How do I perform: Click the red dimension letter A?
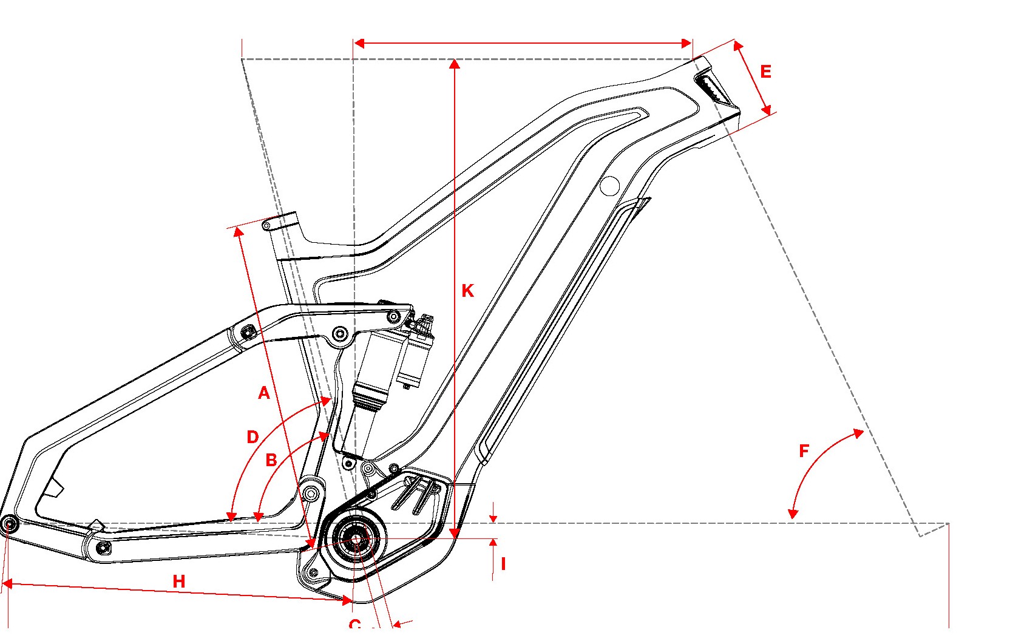(x=264, y=393)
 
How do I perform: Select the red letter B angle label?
(x=271, y=460)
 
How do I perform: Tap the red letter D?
(x=253, y=437)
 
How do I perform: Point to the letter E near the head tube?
(x=766, y=72)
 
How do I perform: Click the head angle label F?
(x=804, y=451)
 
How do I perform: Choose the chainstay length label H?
(x=179, y=582)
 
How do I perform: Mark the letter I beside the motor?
(x=503, y=565)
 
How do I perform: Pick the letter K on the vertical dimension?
(x=467, y=291)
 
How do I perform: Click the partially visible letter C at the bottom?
(x=355, y=625)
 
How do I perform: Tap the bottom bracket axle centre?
(x=355, y=539)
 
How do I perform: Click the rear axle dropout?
(x=8, y=524)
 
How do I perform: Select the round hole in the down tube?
(x=609, y=186)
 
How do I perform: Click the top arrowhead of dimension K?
(x=454, y=63)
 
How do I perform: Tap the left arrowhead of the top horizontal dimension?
(x=359, y=43)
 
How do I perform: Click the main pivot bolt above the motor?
(x=311, y=493)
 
